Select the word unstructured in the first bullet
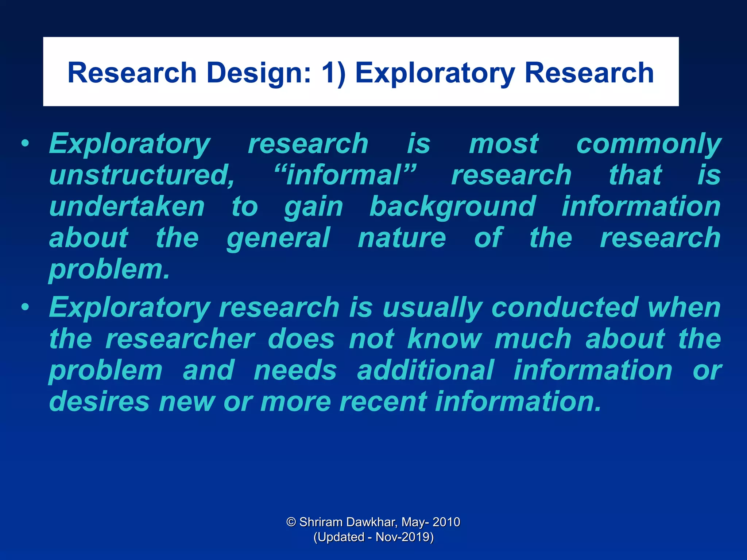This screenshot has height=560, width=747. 142,175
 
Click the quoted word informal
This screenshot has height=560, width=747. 345,175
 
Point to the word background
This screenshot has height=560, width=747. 453,207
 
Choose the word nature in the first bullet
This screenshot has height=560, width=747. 402,238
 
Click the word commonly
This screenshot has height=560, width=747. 649,144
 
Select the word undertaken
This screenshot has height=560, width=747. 127,207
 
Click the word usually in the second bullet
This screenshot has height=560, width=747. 432,308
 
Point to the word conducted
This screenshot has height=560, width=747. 565,307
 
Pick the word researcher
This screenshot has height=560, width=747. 180,339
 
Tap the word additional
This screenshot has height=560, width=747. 425,370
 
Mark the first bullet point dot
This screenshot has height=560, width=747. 25,144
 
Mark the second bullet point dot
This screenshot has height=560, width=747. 25,307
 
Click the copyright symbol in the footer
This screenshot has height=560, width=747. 291,522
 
